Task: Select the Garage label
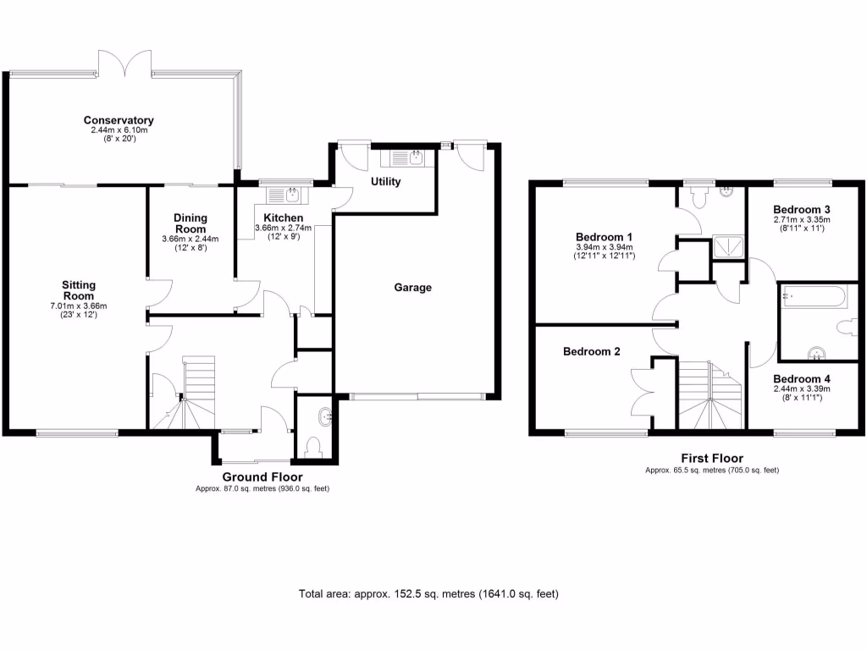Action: [412, 287]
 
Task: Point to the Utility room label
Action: [385, 182]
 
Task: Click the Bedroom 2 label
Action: [593, 351]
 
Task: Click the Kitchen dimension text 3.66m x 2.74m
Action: [283, 228]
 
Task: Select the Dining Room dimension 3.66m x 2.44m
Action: [190, 239]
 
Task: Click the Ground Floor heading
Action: [262, 477]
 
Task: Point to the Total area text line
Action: [429, 594]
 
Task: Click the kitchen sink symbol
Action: [281, 196]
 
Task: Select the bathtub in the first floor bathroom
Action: [812, 296]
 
